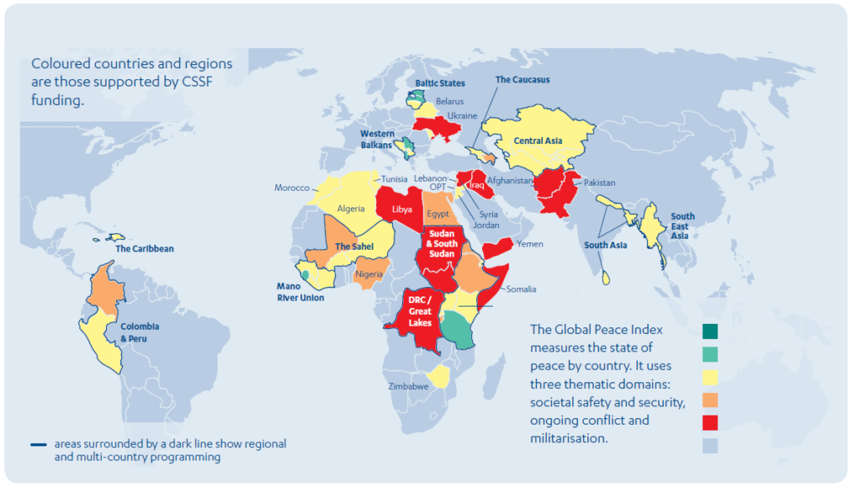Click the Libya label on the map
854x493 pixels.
point(401,209)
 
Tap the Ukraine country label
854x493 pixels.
point(463,116)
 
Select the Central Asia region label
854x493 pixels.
point(538,141)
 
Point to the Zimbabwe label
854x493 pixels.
point(408,387)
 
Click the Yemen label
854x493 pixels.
point(530,244)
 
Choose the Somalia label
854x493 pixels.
point(521,289)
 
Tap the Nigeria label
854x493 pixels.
point(368,274)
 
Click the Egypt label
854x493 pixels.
point(438,214)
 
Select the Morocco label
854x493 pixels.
point(292,188)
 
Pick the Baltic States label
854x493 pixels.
point(440,83)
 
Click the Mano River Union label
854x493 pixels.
point(300,291)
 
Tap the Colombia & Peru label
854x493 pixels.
point(139,332)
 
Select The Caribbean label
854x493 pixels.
point(144,248)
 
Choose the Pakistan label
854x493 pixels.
point(600,182)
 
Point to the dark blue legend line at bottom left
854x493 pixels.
point(38,445)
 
